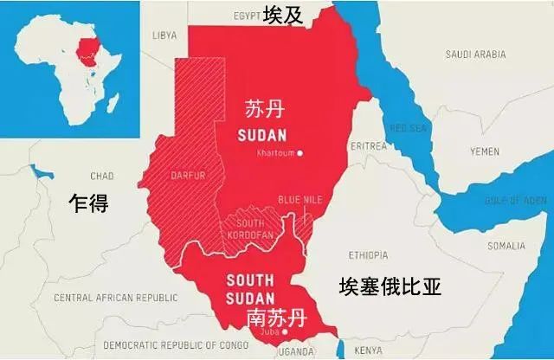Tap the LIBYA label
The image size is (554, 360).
pyautogui.click(x=164, y=36)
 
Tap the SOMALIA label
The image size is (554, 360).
pyautogui.click(x=506, y=246)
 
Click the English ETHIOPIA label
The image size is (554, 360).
pyautogui.click(x=372, y=255)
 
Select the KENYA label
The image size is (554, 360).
pyautogui.click(x=369, y=350)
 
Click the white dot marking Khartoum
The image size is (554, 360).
pyautogui.click(x=300, y=153)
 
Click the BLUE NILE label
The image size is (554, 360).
pyautogui.click(x=300, y=200)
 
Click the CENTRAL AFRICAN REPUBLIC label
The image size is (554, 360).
pyautogui.click(x=115, y=298)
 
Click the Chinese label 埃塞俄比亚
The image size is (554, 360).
pyautogui.click(x=390, y=286)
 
